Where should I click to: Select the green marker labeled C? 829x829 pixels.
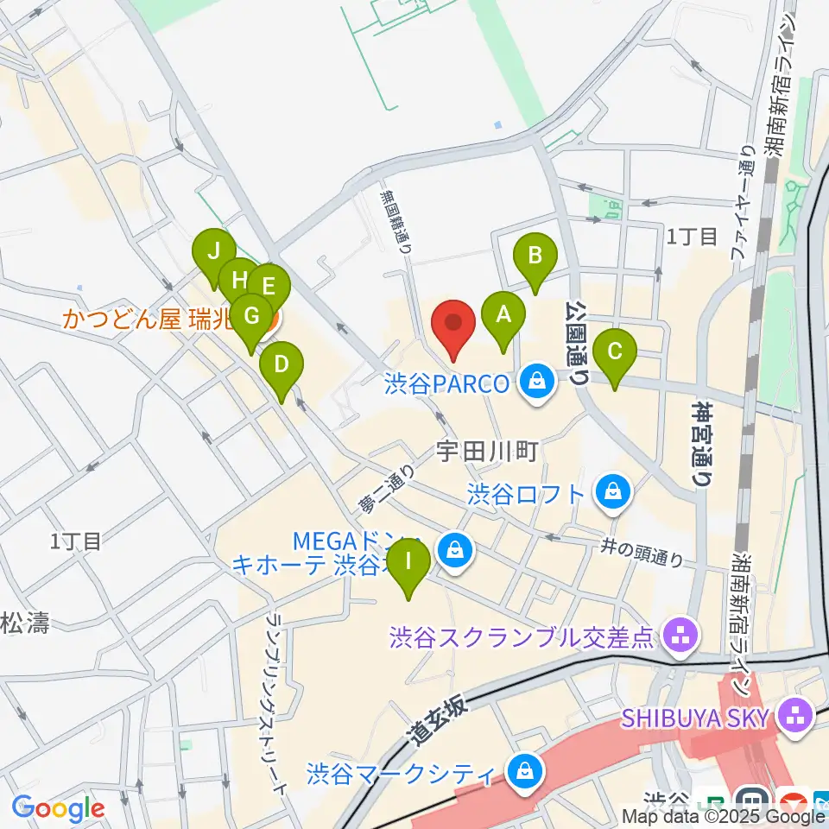pos(616,351)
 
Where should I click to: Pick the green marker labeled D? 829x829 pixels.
pos(281,364)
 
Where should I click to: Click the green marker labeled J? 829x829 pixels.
pos(213,251)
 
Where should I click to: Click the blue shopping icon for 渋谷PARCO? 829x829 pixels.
pos(538,380)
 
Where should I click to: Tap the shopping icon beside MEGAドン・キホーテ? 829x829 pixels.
pos(453,549)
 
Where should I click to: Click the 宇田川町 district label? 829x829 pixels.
pos(488,450)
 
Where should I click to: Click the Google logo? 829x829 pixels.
pos(59,809)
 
